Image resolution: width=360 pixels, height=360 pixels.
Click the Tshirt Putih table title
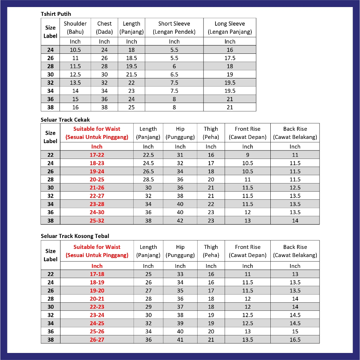pos(56,14)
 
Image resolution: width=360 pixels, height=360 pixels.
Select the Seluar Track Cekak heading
pos(65,120)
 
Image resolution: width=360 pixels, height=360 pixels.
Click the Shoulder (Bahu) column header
pos(75,28)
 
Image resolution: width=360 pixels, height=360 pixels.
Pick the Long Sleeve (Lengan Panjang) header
pos(230,28)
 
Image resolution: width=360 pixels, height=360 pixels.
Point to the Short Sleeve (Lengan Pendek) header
pos(174,28)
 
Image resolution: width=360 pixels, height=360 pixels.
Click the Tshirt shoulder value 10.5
pos(75,50)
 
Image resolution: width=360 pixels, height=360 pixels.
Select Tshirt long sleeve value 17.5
pos(230,58)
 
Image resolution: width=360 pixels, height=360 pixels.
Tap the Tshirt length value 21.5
pos(131,75)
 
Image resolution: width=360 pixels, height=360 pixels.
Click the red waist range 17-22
pos(97,155)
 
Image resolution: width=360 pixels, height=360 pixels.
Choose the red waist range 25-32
pos(97,221)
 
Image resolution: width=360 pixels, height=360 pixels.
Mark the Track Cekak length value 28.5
pos(148,180)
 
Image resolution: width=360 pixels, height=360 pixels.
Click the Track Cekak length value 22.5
pos(148,155)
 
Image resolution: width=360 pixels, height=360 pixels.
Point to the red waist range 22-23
pos(97,307)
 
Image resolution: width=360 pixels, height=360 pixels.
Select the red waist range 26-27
pos(97,340)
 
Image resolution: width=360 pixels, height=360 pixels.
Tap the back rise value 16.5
pos(295,340)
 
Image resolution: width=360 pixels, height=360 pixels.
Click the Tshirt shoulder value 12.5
pos(75,75)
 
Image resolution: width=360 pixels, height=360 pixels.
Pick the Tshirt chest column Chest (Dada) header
pos(104,28)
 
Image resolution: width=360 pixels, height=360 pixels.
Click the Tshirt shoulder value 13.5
pos(75,83)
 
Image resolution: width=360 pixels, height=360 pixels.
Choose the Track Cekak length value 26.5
pos(148,172)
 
